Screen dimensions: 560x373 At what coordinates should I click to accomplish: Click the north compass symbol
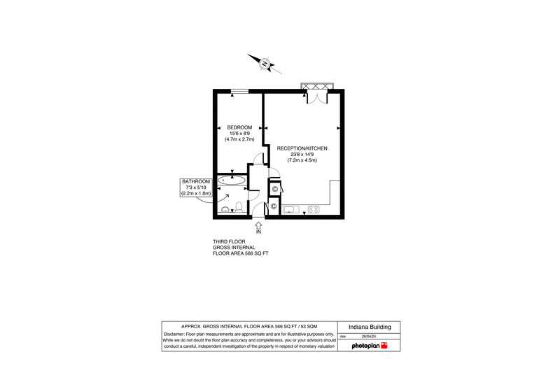tap(265, 64)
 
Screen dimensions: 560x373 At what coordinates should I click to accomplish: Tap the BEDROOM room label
tap(239, 127)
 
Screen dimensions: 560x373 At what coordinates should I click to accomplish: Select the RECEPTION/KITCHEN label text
tap(302, 148)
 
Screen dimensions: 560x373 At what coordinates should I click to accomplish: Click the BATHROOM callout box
tap(196, 188)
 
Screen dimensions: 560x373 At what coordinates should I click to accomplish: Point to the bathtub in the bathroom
tap(232, 181)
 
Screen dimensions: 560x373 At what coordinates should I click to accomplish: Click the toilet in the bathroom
tap(239, 207)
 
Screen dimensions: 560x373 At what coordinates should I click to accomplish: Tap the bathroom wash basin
tap(225, 209)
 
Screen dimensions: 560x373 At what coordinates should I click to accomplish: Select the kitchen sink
tap(290, 209)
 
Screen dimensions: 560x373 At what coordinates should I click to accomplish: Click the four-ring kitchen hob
tap(314, 209)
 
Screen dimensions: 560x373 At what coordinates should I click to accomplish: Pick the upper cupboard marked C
tap(274, 189)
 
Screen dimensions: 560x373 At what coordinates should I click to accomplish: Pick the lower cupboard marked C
tap(274, 206)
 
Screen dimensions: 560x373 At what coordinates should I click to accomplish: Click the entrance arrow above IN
tap(258, 225)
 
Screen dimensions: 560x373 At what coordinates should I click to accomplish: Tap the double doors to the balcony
tap(317, 97)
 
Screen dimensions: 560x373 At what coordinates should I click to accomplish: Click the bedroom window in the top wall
tap(239, 92)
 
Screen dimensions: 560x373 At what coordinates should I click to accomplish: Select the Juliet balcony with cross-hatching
tap(317, 86)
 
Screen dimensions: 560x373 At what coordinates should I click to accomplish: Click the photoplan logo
tap(370, 346)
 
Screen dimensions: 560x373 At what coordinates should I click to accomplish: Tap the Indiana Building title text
tap(370, 327)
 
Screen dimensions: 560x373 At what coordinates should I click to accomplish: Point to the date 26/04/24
tap(369, 336)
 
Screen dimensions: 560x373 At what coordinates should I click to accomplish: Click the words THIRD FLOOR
tap(229, 241)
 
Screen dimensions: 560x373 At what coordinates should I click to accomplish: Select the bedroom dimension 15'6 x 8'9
tap(239, 134)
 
